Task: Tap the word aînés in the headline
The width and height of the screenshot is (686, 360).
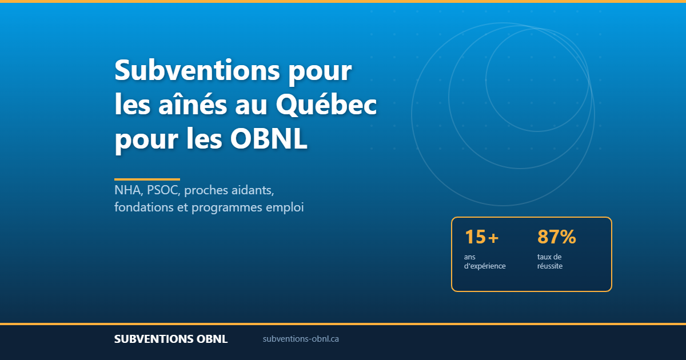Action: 193,105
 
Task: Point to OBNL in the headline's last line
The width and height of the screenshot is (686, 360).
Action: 269,139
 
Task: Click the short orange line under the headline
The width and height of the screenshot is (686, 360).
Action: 147,179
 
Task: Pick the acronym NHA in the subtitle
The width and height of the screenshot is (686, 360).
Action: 128,190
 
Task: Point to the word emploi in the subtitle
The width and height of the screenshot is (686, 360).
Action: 285,208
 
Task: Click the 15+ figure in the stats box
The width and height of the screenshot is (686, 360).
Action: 482,237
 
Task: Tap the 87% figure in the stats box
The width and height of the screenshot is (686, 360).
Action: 556,237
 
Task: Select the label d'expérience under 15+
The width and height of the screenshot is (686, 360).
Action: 485,266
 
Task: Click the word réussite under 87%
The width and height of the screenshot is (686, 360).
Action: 550,266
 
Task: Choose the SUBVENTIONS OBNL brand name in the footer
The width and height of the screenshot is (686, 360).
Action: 171,339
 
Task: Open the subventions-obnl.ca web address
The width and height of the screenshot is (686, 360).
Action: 301,339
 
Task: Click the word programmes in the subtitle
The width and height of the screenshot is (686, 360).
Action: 226,208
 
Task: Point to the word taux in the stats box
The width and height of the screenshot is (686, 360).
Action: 544,257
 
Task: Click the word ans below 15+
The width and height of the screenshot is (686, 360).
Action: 470,257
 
